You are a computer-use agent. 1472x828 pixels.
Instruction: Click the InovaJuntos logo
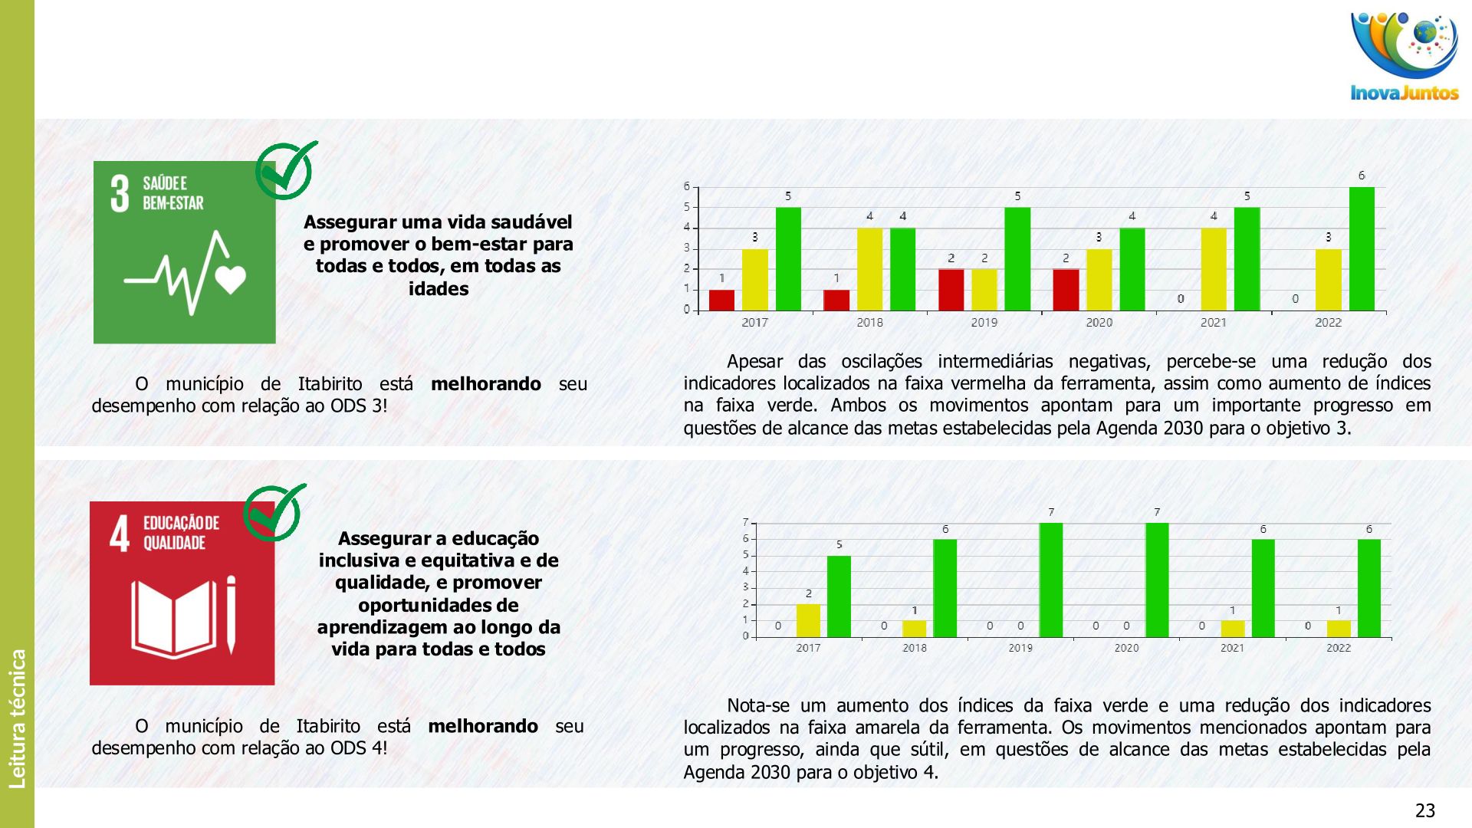click(1405, 58)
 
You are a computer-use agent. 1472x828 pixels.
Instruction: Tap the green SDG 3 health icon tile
click(184, 252)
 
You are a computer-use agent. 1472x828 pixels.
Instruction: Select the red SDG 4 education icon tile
click(182, 593)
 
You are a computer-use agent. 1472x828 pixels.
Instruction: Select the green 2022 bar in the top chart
click(1362, 249)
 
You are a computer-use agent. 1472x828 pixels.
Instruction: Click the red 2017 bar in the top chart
click(721, 300)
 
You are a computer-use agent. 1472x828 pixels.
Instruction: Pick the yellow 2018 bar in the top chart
click(869, 269)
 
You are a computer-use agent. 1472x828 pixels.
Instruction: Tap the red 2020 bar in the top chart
click(1066, 290)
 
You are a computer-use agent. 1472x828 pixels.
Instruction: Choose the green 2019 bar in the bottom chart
click(1051, 580)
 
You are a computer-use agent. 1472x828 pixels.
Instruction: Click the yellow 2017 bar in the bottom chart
click(808, 620)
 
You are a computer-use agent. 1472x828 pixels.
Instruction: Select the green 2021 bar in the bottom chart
click(1263, 588)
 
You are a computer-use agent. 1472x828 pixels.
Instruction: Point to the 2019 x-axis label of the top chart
click(984, 323)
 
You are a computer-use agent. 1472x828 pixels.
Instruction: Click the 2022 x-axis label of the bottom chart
click(1339, 648)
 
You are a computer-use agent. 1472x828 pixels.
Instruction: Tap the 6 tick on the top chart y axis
click(687, 186)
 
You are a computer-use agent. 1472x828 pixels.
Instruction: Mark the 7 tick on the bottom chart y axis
click(745, 522)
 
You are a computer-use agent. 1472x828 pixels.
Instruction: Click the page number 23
click(1424, 810)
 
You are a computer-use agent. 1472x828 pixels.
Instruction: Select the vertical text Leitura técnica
click(17, 718)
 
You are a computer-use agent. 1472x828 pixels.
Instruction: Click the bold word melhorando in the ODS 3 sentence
click(486, 383)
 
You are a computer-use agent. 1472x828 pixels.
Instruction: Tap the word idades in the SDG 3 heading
click(438, 289)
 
